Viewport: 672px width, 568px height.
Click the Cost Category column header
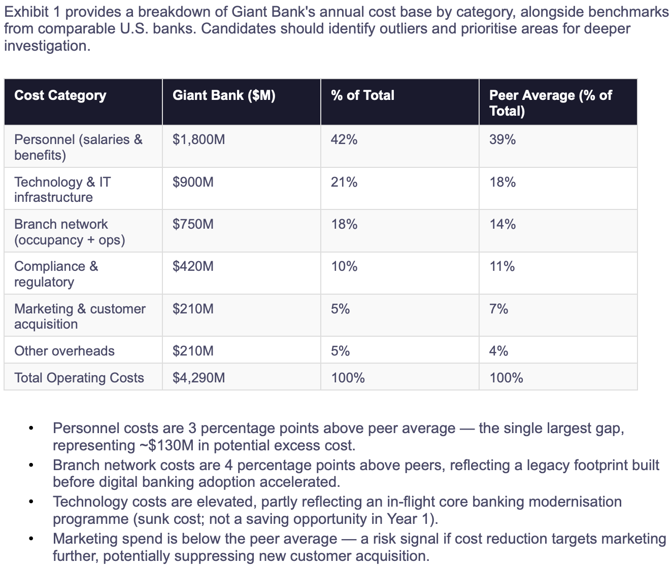(x=60, y=95)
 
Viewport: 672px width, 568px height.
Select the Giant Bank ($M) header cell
(x=224, y=95)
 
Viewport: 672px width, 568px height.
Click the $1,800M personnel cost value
(x=198, y=140)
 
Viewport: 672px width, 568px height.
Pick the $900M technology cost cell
(x=193, y=182)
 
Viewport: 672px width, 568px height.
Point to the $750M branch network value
(x=193, y=224)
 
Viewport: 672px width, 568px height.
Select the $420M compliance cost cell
(x=193, y=266)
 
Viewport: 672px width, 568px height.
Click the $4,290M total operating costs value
(x=198, y=378)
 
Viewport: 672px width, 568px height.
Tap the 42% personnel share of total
(x=344, y=140)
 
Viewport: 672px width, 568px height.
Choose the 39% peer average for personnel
(x=502, y=140)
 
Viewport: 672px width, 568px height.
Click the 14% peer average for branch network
(x=502, y=224)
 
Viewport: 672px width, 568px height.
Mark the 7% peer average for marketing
(x=498, y=309)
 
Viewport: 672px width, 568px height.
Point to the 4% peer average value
(x=498, y=351)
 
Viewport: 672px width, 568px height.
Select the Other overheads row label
(x=64, y=351)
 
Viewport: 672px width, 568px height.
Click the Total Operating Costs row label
(x=79, y=378)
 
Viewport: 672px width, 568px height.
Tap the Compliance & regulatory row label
(x=56, y=274)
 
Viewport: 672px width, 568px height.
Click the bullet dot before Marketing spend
(x=31, y=539)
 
